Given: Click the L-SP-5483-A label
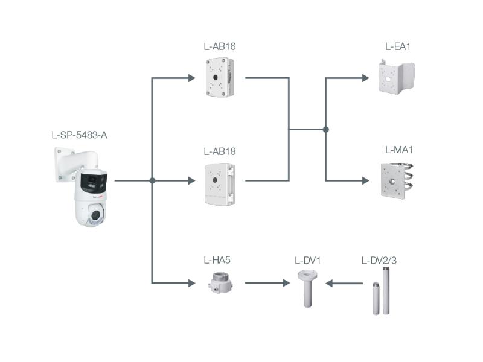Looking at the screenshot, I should coord(79,135).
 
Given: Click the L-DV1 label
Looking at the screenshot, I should coord(307,261).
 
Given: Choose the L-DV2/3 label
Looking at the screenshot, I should coord(379,261).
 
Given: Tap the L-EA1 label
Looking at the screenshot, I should coord(398,46).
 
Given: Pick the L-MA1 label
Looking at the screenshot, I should coord(398,150).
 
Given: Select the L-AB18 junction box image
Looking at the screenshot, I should coord(220,183).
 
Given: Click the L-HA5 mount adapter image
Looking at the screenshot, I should coord(219,282).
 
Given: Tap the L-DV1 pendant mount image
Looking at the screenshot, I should coord(308,288).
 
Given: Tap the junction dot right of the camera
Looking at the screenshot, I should coord(152,180).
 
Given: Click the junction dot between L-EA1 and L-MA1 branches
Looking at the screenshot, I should coord(325,129).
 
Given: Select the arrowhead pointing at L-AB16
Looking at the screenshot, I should coord(191,78).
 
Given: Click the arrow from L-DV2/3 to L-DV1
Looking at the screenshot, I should coord(344,283).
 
